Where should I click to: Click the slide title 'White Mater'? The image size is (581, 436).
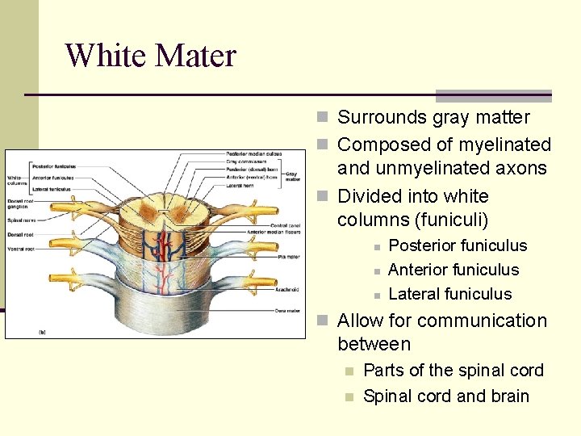[x=151, y=56]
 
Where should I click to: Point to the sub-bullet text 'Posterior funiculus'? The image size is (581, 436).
[x=458, y=245]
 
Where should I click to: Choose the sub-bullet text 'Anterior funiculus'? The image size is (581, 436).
[x=454, y=270]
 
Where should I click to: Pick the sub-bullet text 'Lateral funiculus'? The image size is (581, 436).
[x=449, y=294]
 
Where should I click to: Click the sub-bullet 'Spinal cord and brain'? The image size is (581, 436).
[x=445, y=396]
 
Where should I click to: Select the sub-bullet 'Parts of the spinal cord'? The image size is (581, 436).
[x=454, y=371]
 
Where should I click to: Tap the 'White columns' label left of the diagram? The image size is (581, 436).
[x=16, y=181]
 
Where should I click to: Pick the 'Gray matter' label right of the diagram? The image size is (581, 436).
[x=291, y=177]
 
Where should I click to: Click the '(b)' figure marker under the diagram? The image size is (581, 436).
[x=41, y=330]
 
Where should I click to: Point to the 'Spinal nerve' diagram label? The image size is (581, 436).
[x=21, y=219]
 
